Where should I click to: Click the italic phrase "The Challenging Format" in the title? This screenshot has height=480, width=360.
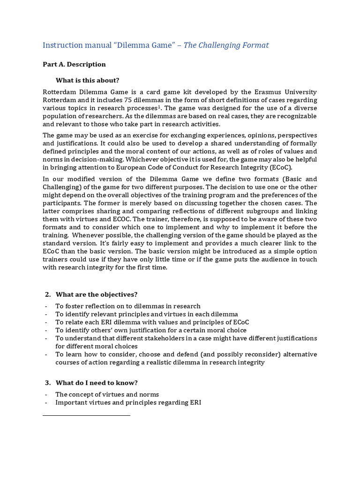tap(226, 45)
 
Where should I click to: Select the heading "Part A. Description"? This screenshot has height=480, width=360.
tap(74, 64)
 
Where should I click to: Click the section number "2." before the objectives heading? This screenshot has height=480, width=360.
tap(47, 294)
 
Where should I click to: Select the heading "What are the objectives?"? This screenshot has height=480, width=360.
tap(96, 294)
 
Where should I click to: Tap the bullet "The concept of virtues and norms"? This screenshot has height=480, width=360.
tap(107, 394)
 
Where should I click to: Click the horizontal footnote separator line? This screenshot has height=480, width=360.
tap(86, 415)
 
